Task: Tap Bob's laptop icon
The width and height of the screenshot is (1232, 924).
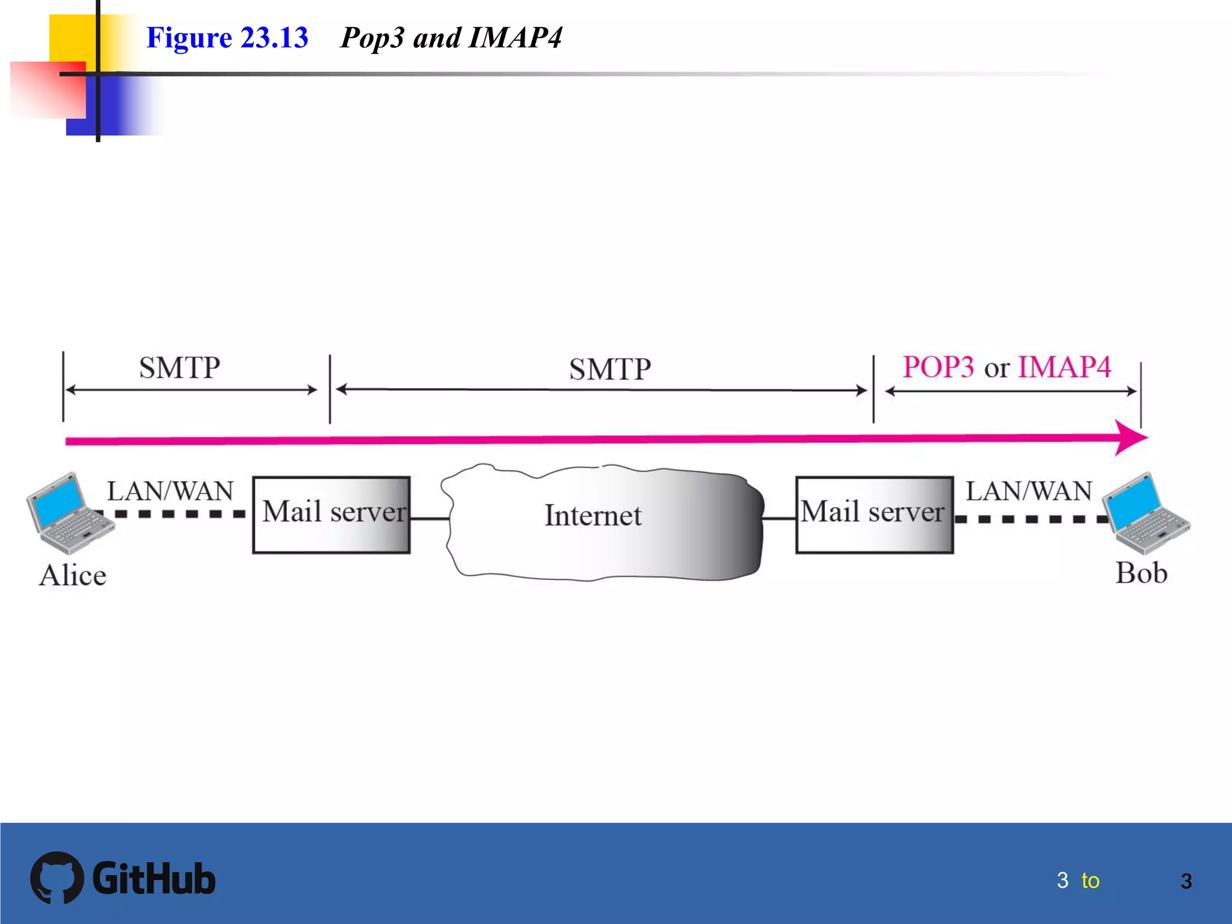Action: pyautogui.click(x=1147, y=513)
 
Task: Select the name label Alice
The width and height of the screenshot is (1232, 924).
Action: pyautogui.click(x=73, y=575)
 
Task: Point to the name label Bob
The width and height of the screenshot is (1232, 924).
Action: pyautogui.click(x=1141, y=573)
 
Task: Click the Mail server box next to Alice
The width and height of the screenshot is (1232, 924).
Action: pyautogui.click(x=331, y=514)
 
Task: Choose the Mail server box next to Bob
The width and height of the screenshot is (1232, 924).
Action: pyautogui.click(x=874, y=514)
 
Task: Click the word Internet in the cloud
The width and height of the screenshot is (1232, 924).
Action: pyautogui.click(x=593, y=516)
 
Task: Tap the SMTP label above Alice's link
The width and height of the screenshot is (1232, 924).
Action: pyautogui.click(x=179, y=368)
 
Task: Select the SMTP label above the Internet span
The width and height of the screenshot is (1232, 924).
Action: pyautogui.click(x=609, y=369)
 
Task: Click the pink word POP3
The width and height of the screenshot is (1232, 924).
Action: pyautogui.click(x=937, y=367)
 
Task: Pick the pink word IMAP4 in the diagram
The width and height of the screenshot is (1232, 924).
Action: pyautogui.click(x=1064, y=367)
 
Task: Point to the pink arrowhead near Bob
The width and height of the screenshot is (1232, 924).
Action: pyautogui.click(x=1131, y=437)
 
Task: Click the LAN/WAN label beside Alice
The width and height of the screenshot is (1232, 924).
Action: pyautogui.click(x=170, y=491)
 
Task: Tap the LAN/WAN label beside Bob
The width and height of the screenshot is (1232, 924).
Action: pyautogui.click(x=1029, y=491)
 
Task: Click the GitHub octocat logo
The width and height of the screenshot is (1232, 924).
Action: pyautogui.click(x=57, y=877)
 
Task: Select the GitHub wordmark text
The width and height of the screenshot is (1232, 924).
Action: pyautogui.click(x=154, y=879)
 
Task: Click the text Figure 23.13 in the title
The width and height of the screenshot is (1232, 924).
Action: pyautogui.click(x=227, y=37)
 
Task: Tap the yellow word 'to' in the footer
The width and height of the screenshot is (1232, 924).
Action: pyautogui.click(x=1090, y=881)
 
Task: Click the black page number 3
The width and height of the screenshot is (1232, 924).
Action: pyautogui.click(x=1186, y=881)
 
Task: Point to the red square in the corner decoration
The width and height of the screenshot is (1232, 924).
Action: pyautogui.click(x=48, y=90)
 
